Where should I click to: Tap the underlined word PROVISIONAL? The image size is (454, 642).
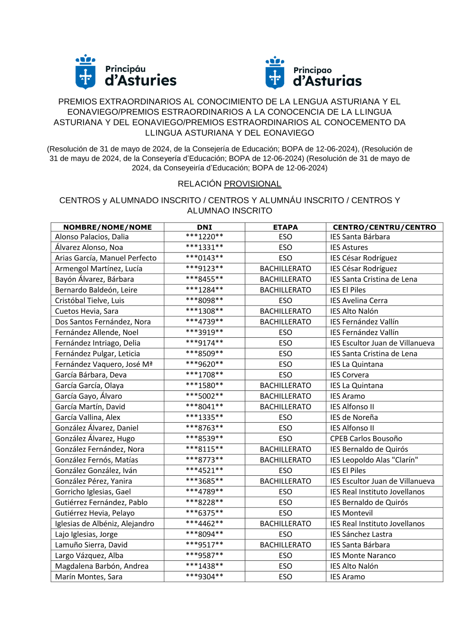252,184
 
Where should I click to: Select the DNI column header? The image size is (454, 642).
204,227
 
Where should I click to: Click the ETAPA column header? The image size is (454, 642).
285,227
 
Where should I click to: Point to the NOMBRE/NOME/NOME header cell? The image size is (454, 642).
107,227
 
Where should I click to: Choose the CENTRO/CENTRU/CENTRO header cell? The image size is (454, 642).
384,227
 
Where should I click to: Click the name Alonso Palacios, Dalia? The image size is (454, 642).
92,237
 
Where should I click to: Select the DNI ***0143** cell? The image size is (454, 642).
204,258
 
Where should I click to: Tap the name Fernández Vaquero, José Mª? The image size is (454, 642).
104,364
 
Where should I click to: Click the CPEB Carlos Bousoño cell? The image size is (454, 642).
366,439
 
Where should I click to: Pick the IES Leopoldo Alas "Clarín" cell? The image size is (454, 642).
374,460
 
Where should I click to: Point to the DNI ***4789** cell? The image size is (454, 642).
204,492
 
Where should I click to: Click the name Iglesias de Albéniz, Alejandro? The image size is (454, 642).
104,523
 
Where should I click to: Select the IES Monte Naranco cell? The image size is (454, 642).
363,555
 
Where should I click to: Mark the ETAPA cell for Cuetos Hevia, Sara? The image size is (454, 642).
285,311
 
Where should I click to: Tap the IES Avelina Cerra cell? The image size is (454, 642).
359,301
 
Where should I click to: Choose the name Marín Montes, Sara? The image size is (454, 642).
89,577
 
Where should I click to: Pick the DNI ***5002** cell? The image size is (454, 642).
204,396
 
